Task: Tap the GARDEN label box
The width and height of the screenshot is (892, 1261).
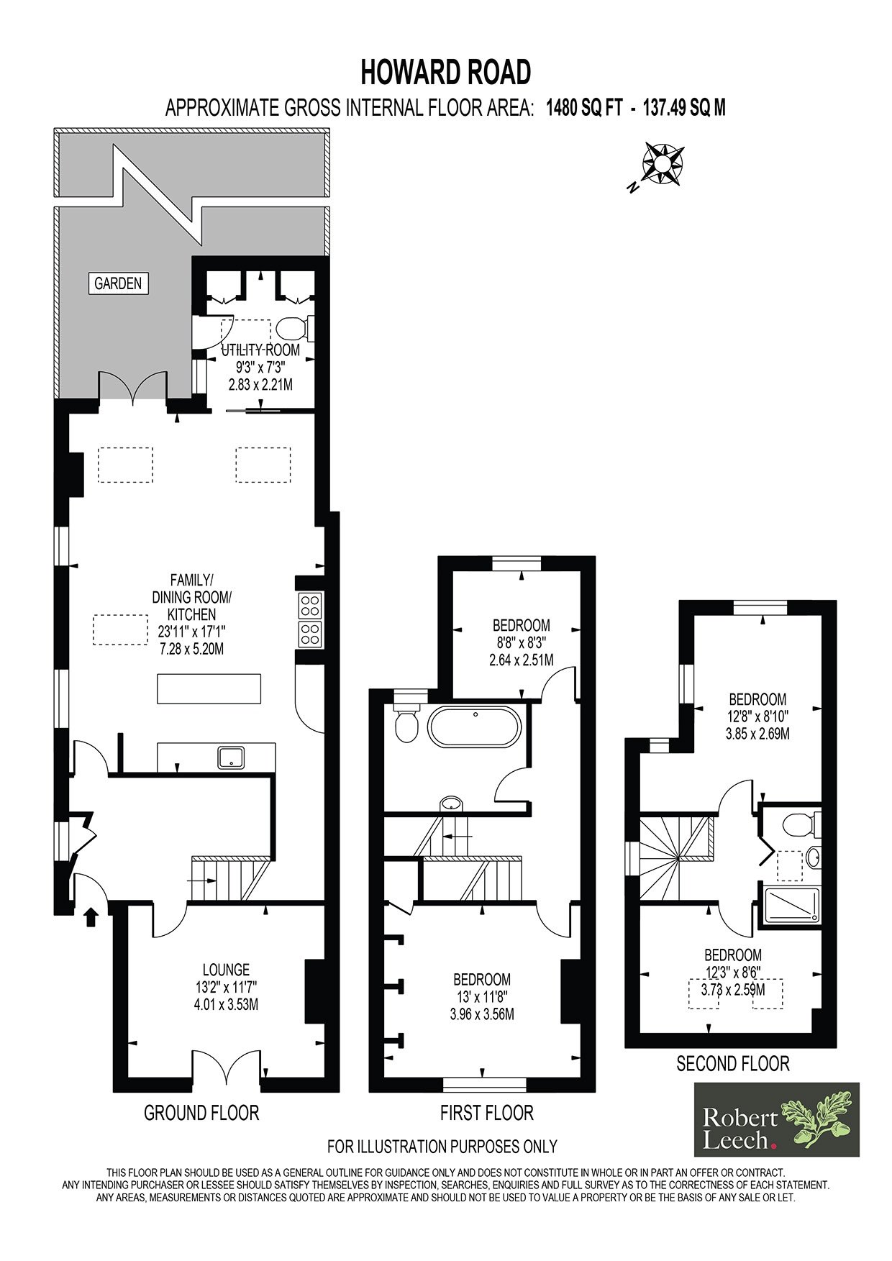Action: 119,283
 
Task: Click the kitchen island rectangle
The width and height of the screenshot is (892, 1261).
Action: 209,689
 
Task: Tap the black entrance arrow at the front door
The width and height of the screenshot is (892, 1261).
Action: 91,917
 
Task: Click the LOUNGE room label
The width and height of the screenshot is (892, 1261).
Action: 226,970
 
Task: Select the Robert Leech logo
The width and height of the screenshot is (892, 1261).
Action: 777,1119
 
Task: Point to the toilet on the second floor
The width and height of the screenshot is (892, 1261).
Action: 801,824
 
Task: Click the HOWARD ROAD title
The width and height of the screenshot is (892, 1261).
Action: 446,72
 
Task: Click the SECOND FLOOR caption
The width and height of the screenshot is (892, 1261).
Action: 733,1063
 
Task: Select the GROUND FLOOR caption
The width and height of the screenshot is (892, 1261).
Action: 201,1113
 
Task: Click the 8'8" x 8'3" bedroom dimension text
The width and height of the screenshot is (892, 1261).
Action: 522,642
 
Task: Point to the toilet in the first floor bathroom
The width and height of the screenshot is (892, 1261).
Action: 407,721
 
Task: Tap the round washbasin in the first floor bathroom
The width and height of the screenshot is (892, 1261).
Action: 451,803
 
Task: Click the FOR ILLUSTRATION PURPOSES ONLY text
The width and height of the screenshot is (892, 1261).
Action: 442,1146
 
